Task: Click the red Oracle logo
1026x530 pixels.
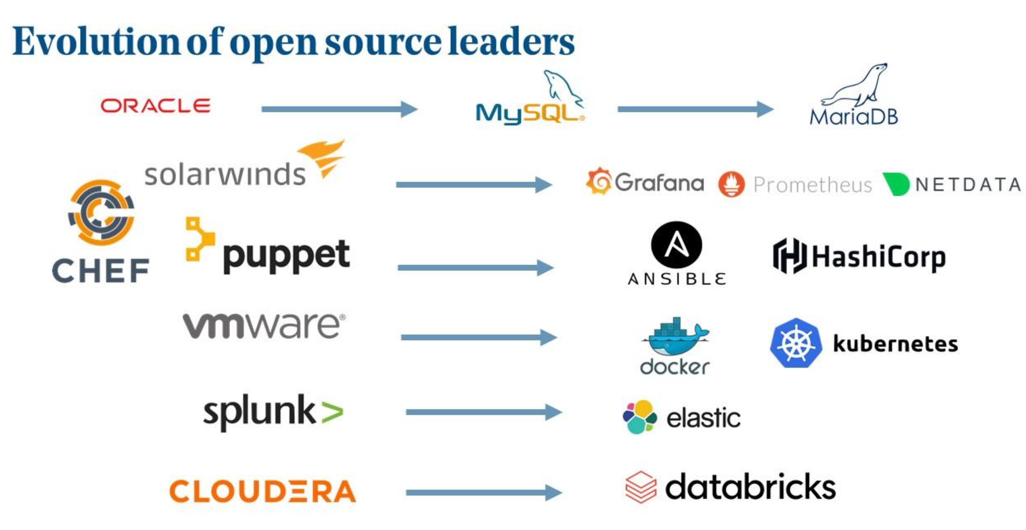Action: pyautogui.click(x=155, y=106)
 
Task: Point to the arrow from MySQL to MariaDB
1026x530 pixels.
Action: pyautogui.click(x=695, y=109)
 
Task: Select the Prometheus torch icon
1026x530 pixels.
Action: pyautogui.click(x=731, y=184)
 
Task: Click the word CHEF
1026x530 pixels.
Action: pyautogui.click(x=101, y=271)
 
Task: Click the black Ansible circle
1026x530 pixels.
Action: pyautogui.click(x=676, y=245)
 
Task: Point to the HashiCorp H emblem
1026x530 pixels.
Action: pyautogui.click(x=789, y=256)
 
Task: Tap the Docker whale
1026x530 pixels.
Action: pyautogui.click(x=675, y=338)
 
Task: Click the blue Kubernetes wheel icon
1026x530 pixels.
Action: pyautogui.click(x=796, y=343)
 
